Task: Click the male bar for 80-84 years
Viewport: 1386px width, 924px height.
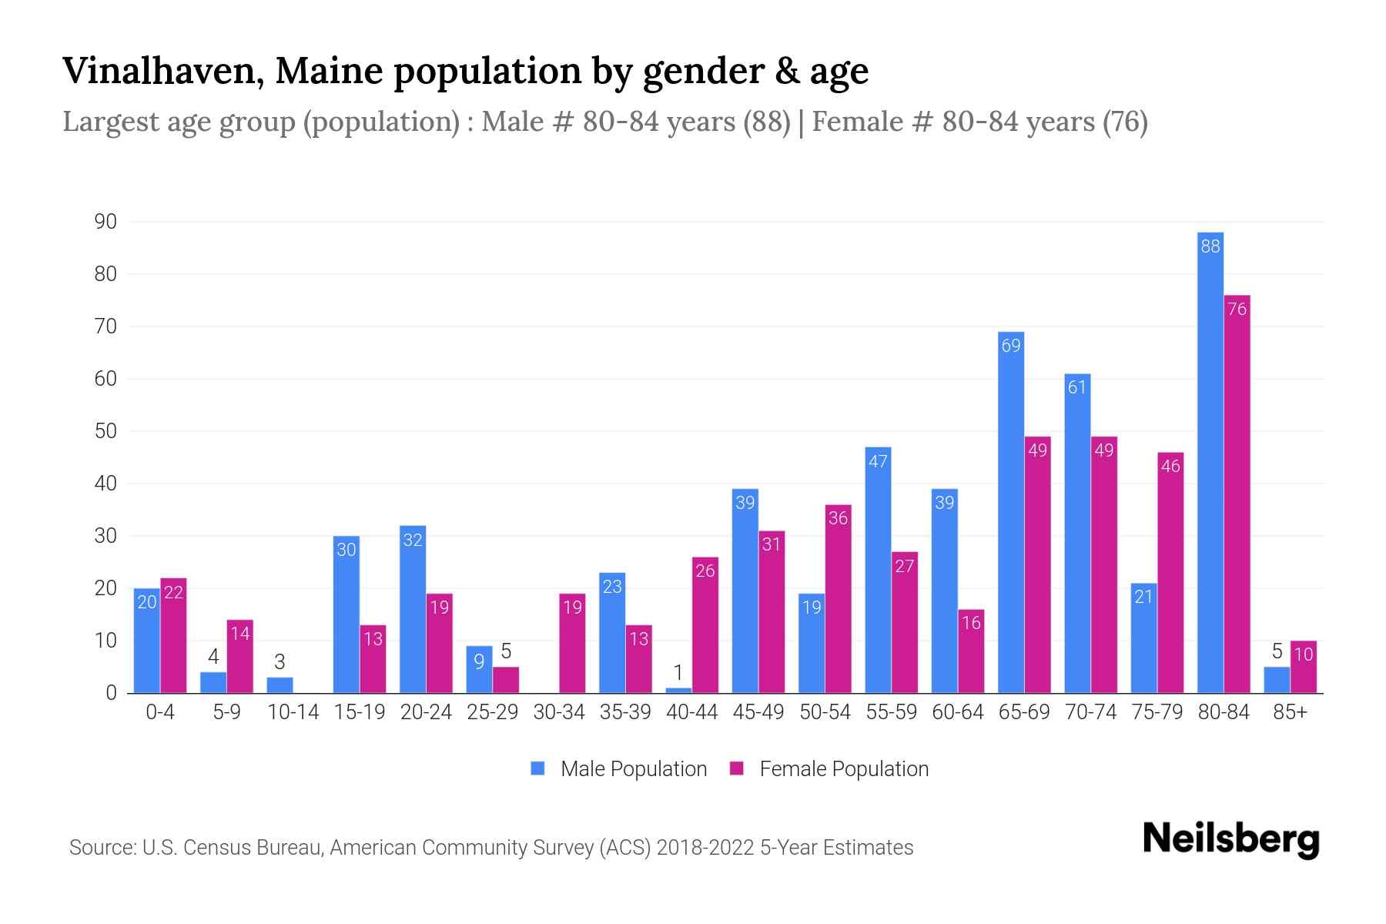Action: pyautogui.click(x=1210, y=462)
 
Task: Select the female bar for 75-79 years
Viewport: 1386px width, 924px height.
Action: pyautogui.click(x=1170, y=573)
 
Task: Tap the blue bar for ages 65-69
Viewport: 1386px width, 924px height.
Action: pyautogui.click(x=1011, y=512)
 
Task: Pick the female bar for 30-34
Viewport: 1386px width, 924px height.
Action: pyautogui.click(x=572, y=643)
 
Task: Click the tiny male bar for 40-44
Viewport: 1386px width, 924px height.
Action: pyautogui.click(x=678, y=690)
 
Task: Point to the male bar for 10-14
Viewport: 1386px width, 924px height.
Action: pyautogui.click(x=280, y=685)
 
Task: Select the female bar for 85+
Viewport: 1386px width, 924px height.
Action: pyautogui.click(x=1304, y=667)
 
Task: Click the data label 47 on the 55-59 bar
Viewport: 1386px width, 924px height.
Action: pyautogui.click(x=878, y=461)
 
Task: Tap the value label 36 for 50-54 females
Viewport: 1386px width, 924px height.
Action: pyautogui.click(x=838, y=518)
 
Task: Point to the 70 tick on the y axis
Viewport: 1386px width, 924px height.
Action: pyautogui.click(x=105, y=326)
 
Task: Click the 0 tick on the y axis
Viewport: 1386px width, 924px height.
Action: pyautogui.click(x=112, y=693)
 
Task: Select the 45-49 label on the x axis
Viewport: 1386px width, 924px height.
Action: pyautogui.click(x=758, y=712)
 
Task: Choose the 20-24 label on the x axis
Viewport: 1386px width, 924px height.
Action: pyautogui.click(x=426, y=712)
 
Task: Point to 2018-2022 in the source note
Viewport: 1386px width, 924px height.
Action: pyautogui.click(x=705, y=848)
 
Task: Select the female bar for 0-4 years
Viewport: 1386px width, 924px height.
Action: pyautogui.click(x=173, y=635)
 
